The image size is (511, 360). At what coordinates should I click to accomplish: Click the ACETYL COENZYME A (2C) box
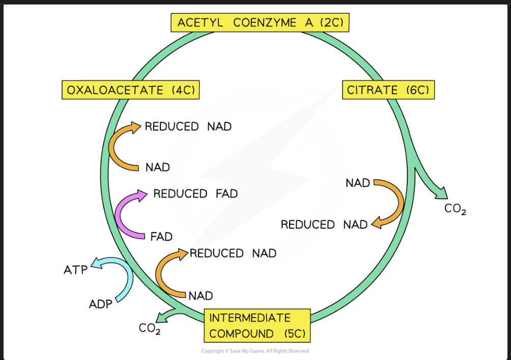pos(260,22)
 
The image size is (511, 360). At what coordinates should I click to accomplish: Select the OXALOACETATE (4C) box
pos(130,90)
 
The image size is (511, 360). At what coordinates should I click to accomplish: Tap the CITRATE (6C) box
pos(388,90)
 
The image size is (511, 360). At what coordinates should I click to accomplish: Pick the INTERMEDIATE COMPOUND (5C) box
pos(257,325)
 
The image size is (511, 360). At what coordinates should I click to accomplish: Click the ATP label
pos(76,270)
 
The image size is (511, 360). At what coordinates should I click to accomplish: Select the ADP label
pos(101,304)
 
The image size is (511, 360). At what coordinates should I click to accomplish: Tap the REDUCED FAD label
pos(195,194)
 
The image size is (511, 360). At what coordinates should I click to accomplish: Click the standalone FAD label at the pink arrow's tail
pos(161,236)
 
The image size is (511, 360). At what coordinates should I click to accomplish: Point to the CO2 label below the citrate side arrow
pos(456,209)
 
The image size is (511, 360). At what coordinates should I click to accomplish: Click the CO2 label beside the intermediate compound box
pos(150,328)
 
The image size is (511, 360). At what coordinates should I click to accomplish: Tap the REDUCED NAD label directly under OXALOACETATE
pos(188,127)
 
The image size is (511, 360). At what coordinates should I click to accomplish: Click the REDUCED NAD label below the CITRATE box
pos(324,225)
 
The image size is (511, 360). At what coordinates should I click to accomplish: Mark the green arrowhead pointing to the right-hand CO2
pos(442,194)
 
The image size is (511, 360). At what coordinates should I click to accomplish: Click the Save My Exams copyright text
pos(255,351)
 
